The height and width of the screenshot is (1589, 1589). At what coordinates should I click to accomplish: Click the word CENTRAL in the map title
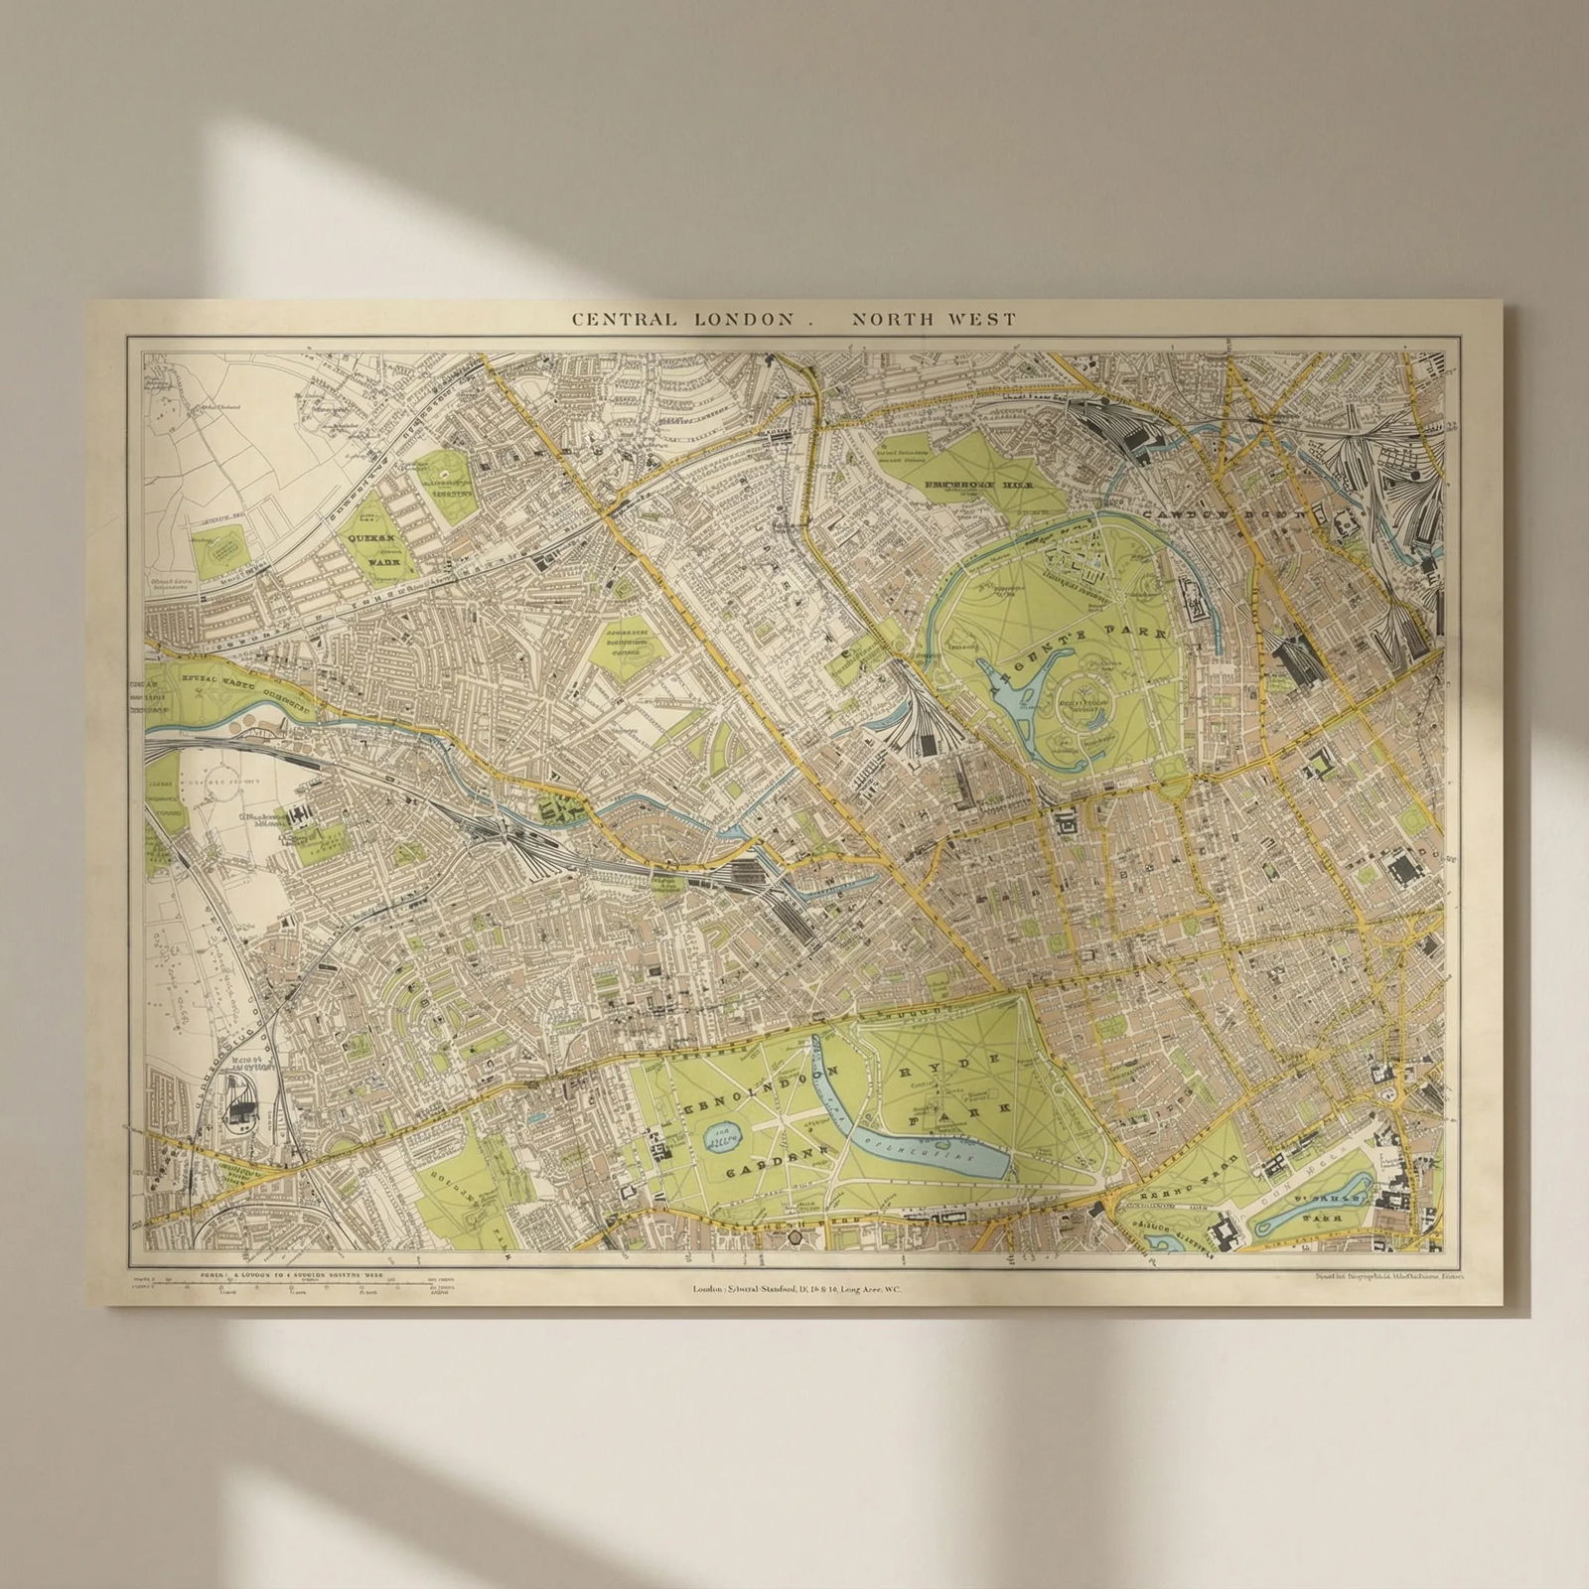(624, 320)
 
